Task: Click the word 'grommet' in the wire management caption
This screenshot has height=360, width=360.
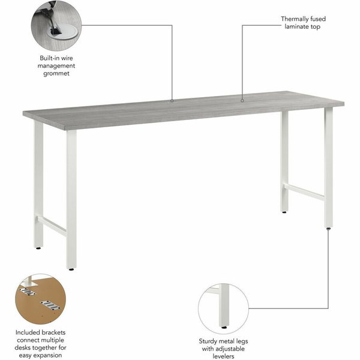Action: click(56, 74)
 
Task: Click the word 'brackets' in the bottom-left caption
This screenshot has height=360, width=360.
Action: click(54, 332)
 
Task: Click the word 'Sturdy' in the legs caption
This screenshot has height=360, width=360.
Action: click(208, 341)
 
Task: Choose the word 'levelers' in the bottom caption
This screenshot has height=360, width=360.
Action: click(223, 356)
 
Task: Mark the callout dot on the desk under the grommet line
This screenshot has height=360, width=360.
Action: click(172, 100)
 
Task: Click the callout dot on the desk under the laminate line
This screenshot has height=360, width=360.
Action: click(242, 100)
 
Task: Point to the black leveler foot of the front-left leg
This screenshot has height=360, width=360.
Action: click(71, 269)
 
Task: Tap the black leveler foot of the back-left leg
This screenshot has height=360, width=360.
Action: click(38, 248)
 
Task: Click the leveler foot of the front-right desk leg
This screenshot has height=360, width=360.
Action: click(329, 228)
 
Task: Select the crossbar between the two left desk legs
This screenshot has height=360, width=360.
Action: click(52, 226)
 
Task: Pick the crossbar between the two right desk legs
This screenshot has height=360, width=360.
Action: click(304, 192)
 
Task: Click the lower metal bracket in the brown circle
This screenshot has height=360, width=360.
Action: click(51, 305)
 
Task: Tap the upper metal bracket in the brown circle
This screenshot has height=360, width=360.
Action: click(28, 292)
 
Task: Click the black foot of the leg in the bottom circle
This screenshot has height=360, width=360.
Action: click(224, 328)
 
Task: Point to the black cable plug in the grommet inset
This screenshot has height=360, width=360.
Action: click(55, 31)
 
